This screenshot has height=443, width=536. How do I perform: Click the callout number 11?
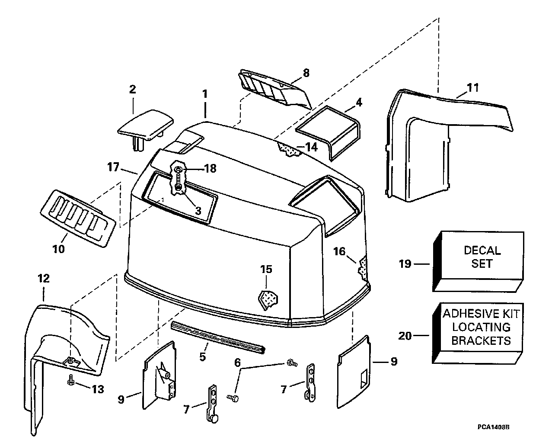(473, 88)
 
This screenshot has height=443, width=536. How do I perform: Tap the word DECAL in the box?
(482, 250)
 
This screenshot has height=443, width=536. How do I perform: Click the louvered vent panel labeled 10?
(78, 218)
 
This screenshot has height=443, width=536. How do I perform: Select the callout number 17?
(113, 167)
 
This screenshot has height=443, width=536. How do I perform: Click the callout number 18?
(211, 169)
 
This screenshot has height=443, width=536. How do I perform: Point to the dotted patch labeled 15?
(268, 299)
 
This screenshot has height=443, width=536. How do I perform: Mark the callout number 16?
(339, 251)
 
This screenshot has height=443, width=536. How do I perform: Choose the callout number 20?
(405, 336)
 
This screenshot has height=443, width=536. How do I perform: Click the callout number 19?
(405, 263)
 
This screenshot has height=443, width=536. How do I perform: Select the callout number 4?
(359, 102)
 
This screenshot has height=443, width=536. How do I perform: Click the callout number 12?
(43, 279)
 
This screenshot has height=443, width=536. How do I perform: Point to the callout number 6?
(238, 363)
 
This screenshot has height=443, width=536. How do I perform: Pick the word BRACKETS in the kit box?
(481, 340)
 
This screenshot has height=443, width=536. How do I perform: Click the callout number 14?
(312, 147)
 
